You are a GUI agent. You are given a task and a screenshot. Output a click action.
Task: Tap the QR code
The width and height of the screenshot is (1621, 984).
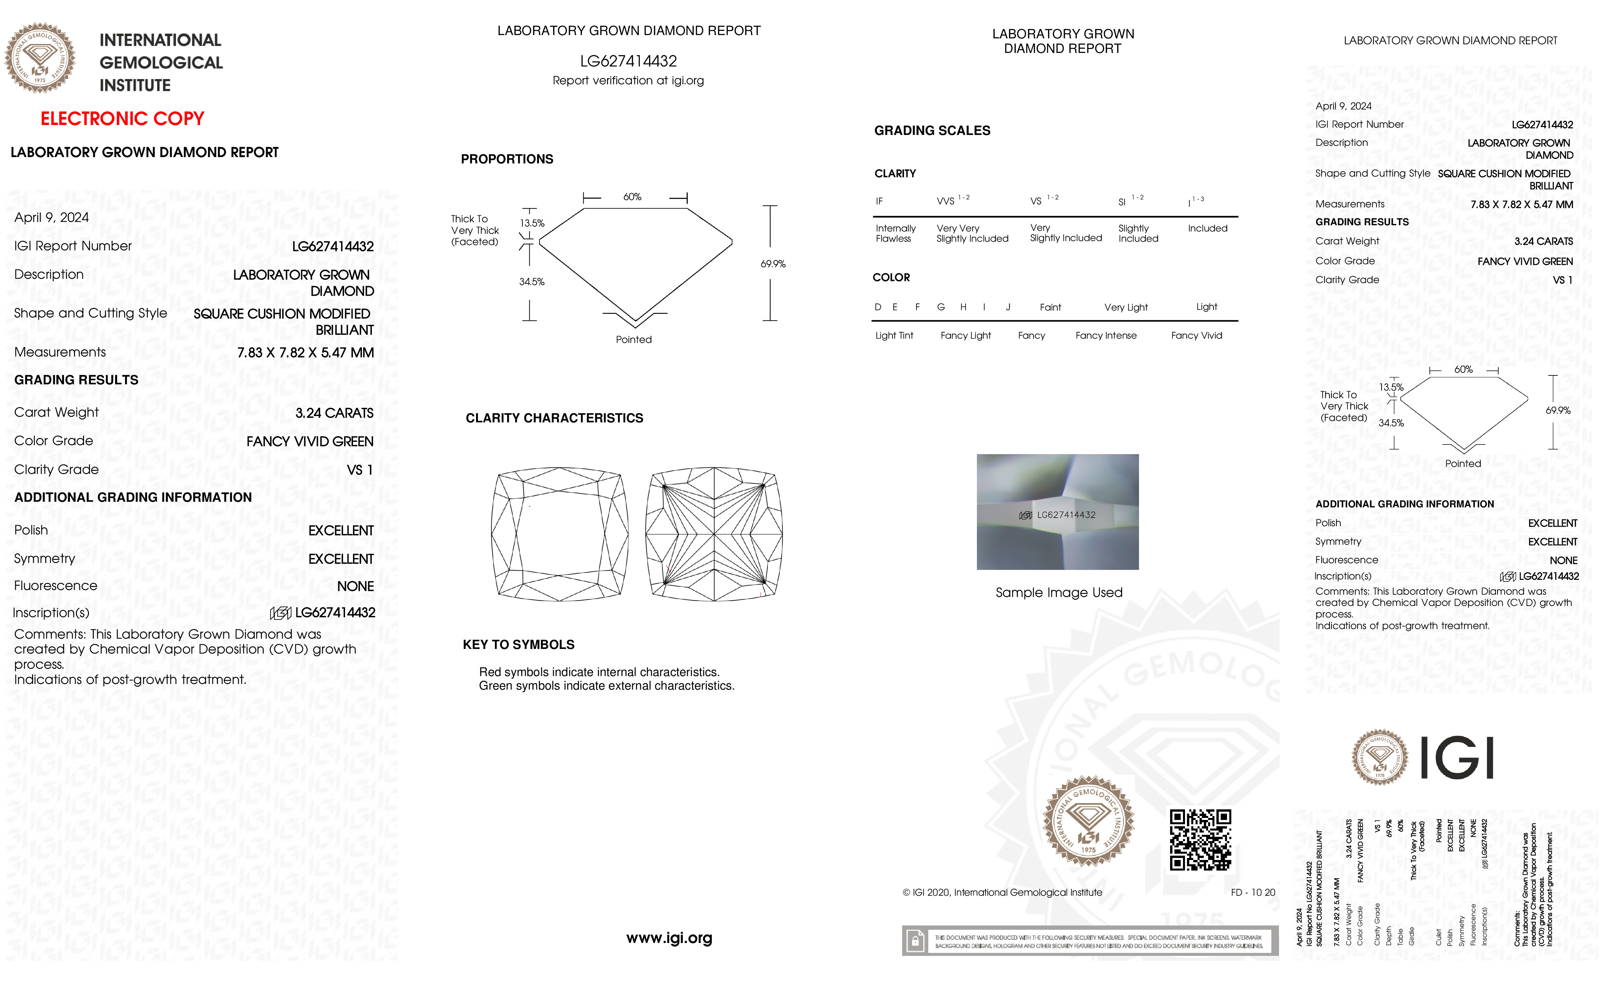pyautogui.click(x=1200, y=839)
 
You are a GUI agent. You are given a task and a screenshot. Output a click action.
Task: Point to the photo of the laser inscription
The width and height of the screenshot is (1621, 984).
pyautogui.click(x=1057, y=512)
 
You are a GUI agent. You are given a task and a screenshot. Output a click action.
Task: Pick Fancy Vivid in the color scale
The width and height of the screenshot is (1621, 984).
pyautogui.click(x=1196, y=335)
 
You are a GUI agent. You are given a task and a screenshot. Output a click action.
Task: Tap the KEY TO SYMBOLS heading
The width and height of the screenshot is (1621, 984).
pyautogui.click(x=518, y=645)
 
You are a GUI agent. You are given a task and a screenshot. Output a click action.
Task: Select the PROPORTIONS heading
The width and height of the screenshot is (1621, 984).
pyautogui.click(x=506, y=159)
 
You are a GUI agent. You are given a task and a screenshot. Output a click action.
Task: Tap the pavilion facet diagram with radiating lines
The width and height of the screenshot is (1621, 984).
pyautogui.click(x=714, y=534)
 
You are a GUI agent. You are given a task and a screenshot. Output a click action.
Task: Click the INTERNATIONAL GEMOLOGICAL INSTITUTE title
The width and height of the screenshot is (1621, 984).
pyautogui.click(x=160, y=63)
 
